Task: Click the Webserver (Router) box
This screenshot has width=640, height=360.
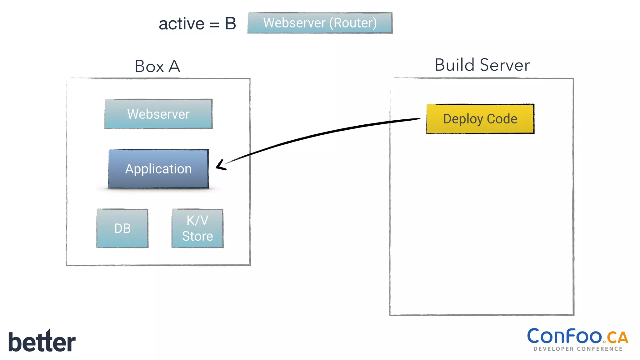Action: (x=320, y=23)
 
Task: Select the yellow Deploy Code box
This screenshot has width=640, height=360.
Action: (x=480, y=119)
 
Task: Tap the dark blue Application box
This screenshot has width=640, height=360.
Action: (x=158, y=169)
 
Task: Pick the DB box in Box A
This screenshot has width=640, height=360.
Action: (x=122, y=228)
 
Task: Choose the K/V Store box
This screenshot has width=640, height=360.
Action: (x=197, y=228)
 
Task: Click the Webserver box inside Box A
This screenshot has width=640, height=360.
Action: (x=158, y=114)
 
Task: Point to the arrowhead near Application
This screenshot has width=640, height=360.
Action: (x=220, y=166)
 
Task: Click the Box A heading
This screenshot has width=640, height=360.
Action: (x=157, y=66)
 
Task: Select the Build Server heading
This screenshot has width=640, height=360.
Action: (x=482, y=65)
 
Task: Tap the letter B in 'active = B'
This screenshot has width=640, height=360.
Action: (x=230, y=24)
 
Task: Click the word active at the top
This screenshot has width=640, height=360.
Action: (x=182, y=24)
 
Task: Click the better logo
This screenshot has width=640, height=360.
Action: (x=42, y=341)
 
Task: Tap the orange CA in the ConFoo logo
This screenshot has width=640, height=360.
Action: (x=617, y=337)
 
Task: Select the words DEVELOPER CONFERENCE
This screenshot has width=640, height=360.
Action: (x=578, y=349)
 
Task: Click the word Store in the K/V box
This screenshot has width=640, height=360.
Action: (x=197, y=236)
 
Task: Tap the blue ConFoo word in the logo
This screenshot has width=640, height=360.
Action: (x=564, y=336)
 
